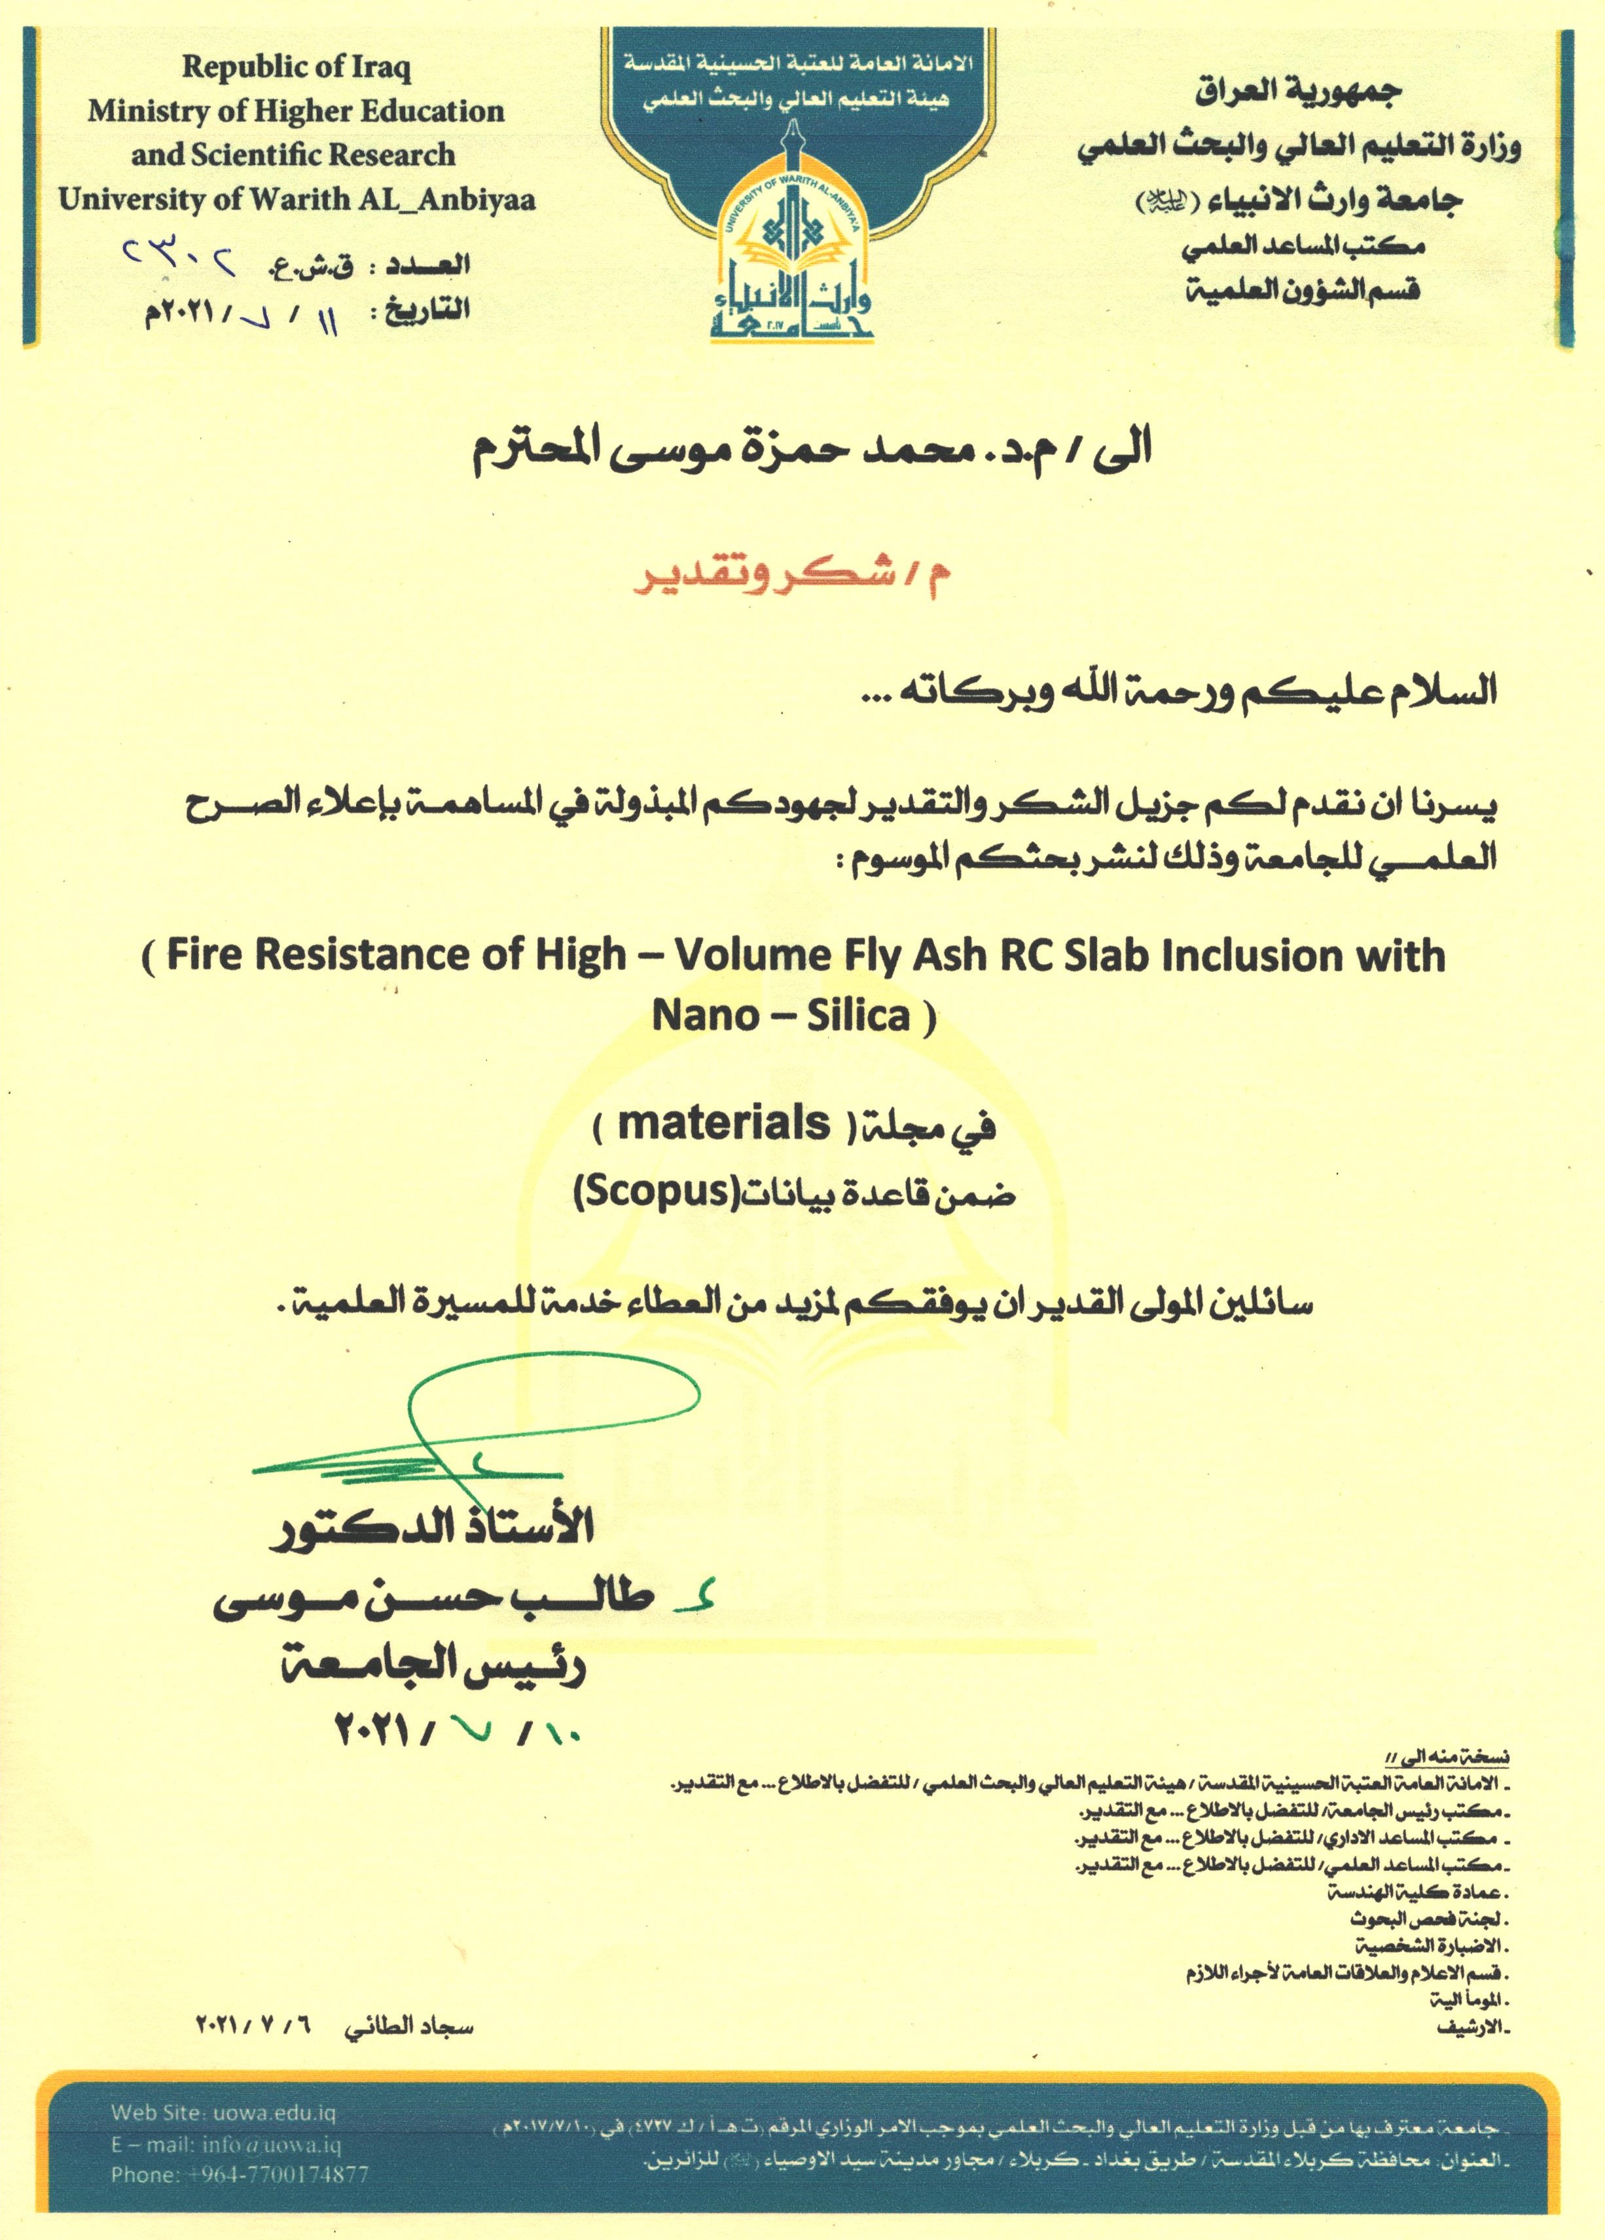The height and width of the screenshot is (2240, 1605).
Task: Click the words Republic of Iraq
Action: pos(297,68)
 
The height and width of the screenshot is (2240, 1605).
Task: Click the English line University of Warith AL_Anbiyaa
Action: pos(297,200)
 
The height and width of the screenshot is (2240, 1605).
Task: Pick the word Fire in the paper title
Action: pos(202,955)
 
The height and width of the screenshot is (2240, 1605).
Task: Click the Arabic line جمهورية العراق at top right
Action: pos(1298,93)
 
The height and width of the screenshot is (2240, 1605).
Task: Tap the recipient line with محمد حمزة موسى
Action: pos(810,450)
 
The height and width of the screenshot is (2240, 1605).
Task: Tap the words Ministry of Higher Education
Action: pos(297,111)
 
